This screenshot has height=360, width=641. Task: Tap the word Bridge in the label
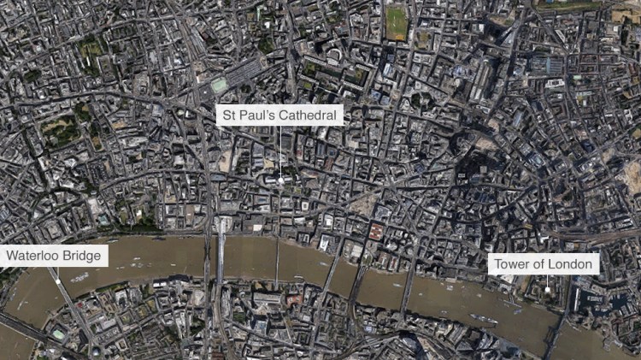pyautogui.click(x=84, y=256)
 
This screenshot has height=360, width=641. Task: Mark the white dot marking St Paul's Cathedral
pyautogui.click(x=279, y=180)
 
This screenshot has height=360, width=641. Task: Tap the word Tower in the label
pyautogui.click(x=513, y=264)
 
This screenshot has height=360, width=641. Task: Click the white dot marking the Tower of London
pyautogui.click(x=547, y=290)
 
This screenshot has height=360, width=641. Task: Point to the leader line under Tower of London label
pyautogui.click(x=547, y=280)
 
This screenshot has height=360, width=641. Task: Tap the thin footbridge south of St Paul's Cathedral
pyautogui.click(x=276, y=261)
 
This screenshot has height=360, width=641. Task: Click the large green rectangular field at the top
pyautogui.click(x=397, y=23)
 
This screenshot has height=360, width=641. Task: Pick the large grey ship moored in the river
pyautogui.click(x=484, y=320)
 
